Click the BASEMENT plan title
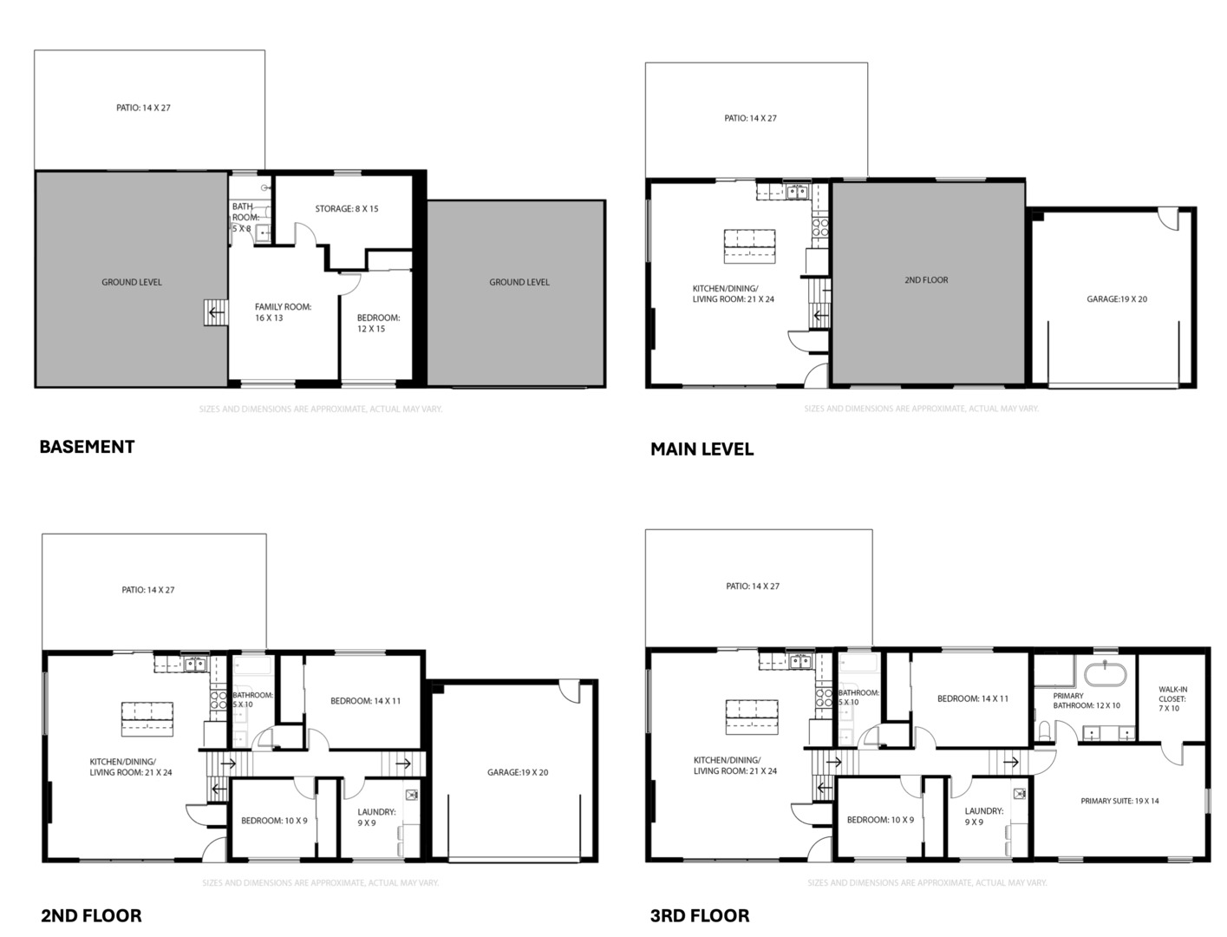click(x=87, y=447)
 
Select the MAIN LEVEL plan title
click(x=702, y=449)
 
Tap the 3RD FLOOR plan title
click(x=700, y=915)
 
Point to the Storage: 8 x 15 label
click(x=346, y=209)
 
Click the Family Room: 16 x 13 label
click(x=283, y=312)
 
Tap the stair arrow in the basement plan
click(x=214, y=311)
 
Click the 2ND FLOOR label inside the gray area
click(x=926, y=280)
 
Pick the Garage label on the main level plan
click(x=1117, y=299)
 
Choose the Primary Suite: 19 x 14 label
click(x=1119, y=801)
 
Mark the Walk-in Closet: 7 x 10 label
click(x=1172, y=698)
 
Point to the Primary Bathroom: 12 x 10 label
click(x=1086, y=701)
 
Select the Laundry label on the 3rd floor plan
click(x=983, y=816)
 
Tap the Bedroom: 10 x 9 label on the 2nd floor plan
click(x=274, y=821)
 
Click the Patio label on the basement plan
click(x=149, y=108)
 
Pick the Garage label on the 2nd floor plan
click(x=517, y=772)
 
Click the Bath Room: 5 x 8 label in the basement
click(x=244, y=218)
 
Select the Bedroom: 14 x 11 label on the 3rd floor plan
click(x=972, y=698)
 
